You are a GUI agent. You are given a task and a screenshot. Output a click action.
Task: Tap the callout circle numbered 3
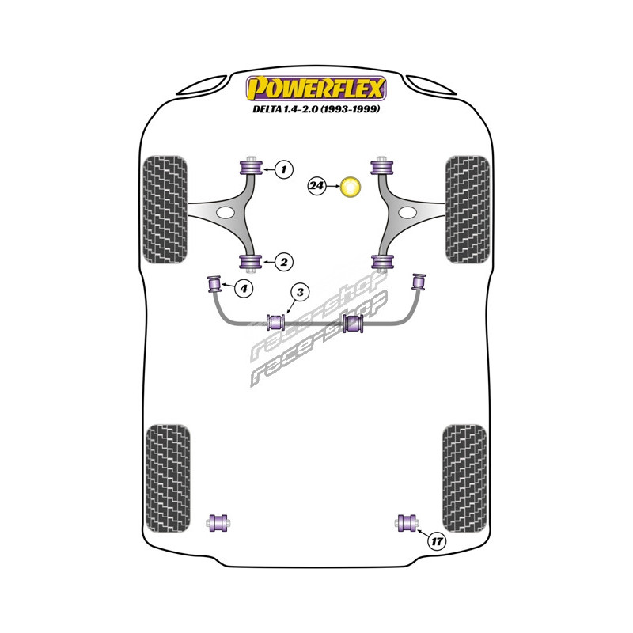[300, 294]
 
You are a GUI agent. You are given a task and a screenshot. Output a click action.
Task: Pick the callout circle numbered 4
[244, 289]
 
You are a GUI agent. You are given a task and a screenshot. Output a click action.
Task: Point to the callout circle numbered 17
[436, 541]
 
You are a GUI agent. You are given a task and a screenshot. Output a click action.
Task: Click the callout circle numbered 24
[317, 187]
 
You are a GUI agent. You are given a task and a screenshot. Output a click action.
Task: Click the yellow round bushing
[350, 188]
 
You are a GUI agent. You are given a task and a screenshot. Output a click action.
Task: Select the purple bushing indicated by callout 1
[252, 168]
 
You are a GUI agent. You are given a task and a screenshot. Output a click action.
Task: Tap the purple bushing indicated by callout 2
[252, 262]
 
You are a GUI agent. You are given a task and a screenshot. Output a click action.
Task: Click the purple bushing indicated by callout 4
[214, 282]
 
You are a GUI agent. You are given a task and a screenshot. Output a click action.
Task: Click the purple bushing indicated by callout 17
[409, 522]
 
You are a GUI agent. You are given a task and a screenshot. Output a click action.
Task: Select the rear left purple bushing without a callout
[218, 522]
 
